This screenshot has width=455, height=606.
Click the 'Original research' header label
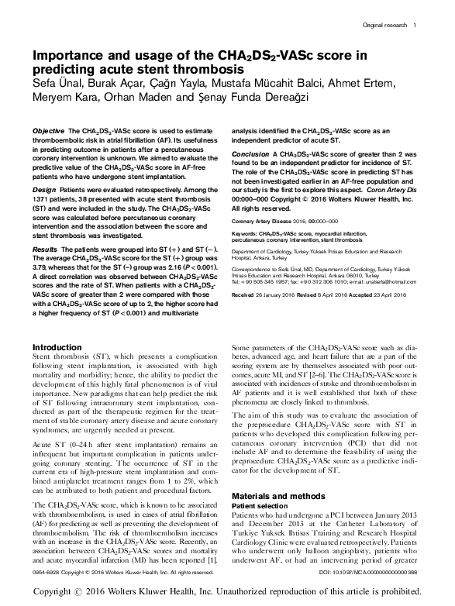tap(384, 25)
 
